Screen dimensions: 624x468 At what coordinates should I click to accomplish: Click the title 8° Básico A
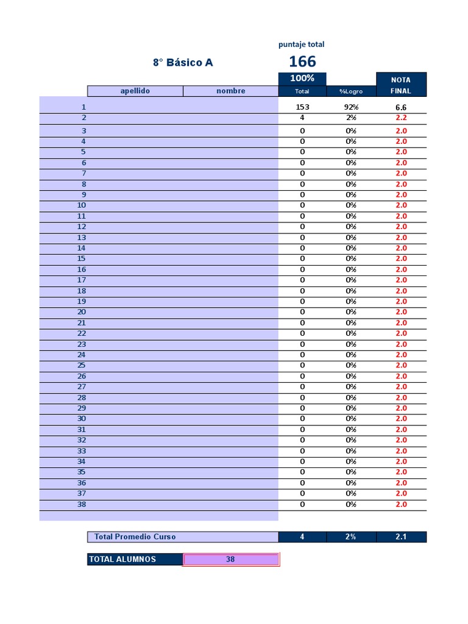point(183,62)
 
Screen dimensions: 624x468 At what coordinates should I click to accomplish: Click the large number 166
point(302,62)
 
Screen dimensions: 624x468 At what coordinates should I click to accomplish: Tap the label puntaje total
point(302,44)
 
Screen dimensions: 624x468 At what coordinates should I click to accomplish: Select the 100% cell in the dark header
point(302,79)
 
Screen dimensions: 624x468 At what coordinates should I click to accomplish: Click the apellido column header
point(135,91)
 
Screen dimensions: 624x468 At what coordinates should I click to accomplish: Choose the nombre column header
point(231,91)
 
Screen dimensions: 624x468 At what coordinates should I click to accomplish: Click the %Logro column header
point(352,91)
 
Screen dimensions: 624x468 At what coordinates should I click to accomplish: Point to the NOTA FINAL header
point(401,85)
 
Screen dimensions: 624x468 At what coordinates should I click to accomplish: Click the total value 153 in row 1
point(302,107)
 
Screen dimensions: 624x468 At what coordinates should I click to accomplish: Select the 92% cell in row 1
point(352,107)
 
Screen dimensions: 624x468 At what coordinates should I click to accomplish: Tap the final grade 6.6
point(401,107)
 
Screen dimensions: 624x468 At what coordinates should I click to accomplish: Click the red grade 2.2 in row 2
point(401,118)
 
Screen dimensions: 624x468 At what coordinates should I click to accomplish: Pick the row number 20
point(82,312)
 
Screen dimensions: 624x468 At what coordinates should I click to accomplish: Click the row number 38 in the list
point(82,505)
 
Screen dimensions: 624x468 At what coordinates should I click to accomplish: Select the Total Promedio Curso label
point(135,537)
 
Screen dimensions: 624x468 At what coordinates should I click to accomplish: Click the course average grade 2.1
point(401,537)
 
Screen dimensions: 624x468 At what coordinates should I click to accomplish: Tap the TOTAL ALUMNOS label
point(123,559)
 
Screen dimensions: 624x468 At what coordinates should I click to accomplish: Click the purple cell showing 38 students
point(230,559)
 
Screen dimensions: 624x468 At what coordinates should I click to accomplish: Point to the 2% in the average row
point(352,537)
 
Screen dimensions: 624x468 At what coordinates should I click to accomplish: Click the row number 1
point(83,107)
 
